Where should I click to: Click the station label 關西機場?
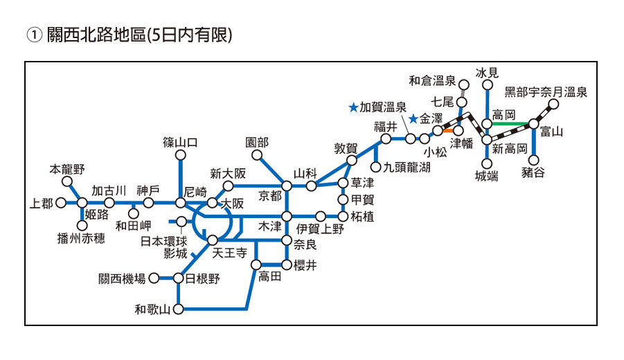[x=122, y=278]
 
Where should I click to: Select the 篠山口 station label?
[x=181, y=143]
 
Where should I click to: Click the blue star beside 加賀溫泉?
[x=353, y=107]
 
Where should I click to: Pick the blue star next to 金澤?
[x=413, y=118]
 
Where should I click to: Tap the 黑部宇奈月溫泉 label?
[x=546, y=91]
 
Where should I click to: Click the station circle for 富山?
[x=533, y=124]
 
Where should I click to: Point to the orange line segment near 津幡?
[x=449, y=130]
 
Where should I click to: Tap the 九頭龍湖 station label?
[x=408, y=166]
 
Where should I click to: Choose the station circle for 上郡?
[x=61, y=203]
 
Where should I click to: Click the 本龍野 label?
[x=67, y=168]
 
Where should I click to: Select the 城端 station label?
[x=486, y=177]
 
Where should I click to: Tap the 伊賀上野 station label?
[x=320, y=228]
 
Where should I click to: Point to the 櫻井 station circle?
[x=287, y=264]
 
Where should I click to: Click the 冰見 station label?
[x=487, y=73]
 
